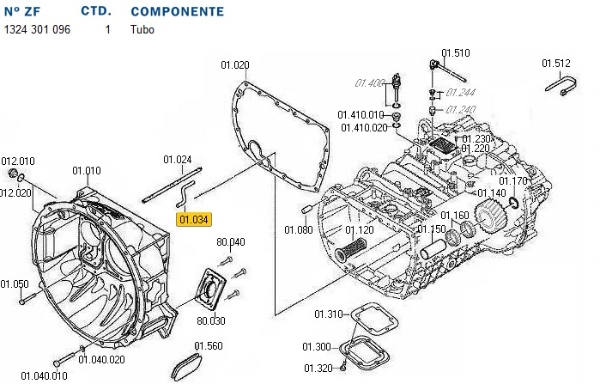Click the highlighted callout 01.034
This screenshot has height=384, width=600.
tap(193, 219)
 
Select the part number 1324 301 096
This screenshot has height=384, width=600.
tap(37, 29)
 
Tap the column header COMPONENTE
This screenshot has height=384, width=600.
tap(178, 12)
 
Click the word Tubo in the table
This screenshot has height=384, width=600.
tap(142, 29)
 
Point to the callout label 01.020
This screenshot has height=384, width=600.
tap(234, 65)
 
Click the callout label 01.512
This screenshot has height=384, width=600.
tap(555, 63)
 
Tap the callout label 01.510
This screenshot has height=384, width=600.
tap(456, 53)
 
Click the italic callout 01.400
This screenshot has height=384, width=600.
tap(369, 83)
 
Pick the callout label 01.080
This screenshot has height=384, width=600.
tap(299, 229)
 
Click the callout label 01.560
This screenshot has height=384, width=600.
tap(208, 345)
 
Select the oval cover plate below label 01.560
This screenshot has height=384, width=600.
tap(188, 367)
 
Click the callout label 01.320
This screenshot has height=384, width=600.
tap(316, 369)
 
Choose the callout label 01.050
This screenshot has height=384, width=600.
tap(14, 284)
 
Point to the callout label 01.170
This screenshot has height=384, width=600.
tap(514, 181)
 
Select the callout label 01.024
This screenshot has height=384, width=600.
tap(178, 159)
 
